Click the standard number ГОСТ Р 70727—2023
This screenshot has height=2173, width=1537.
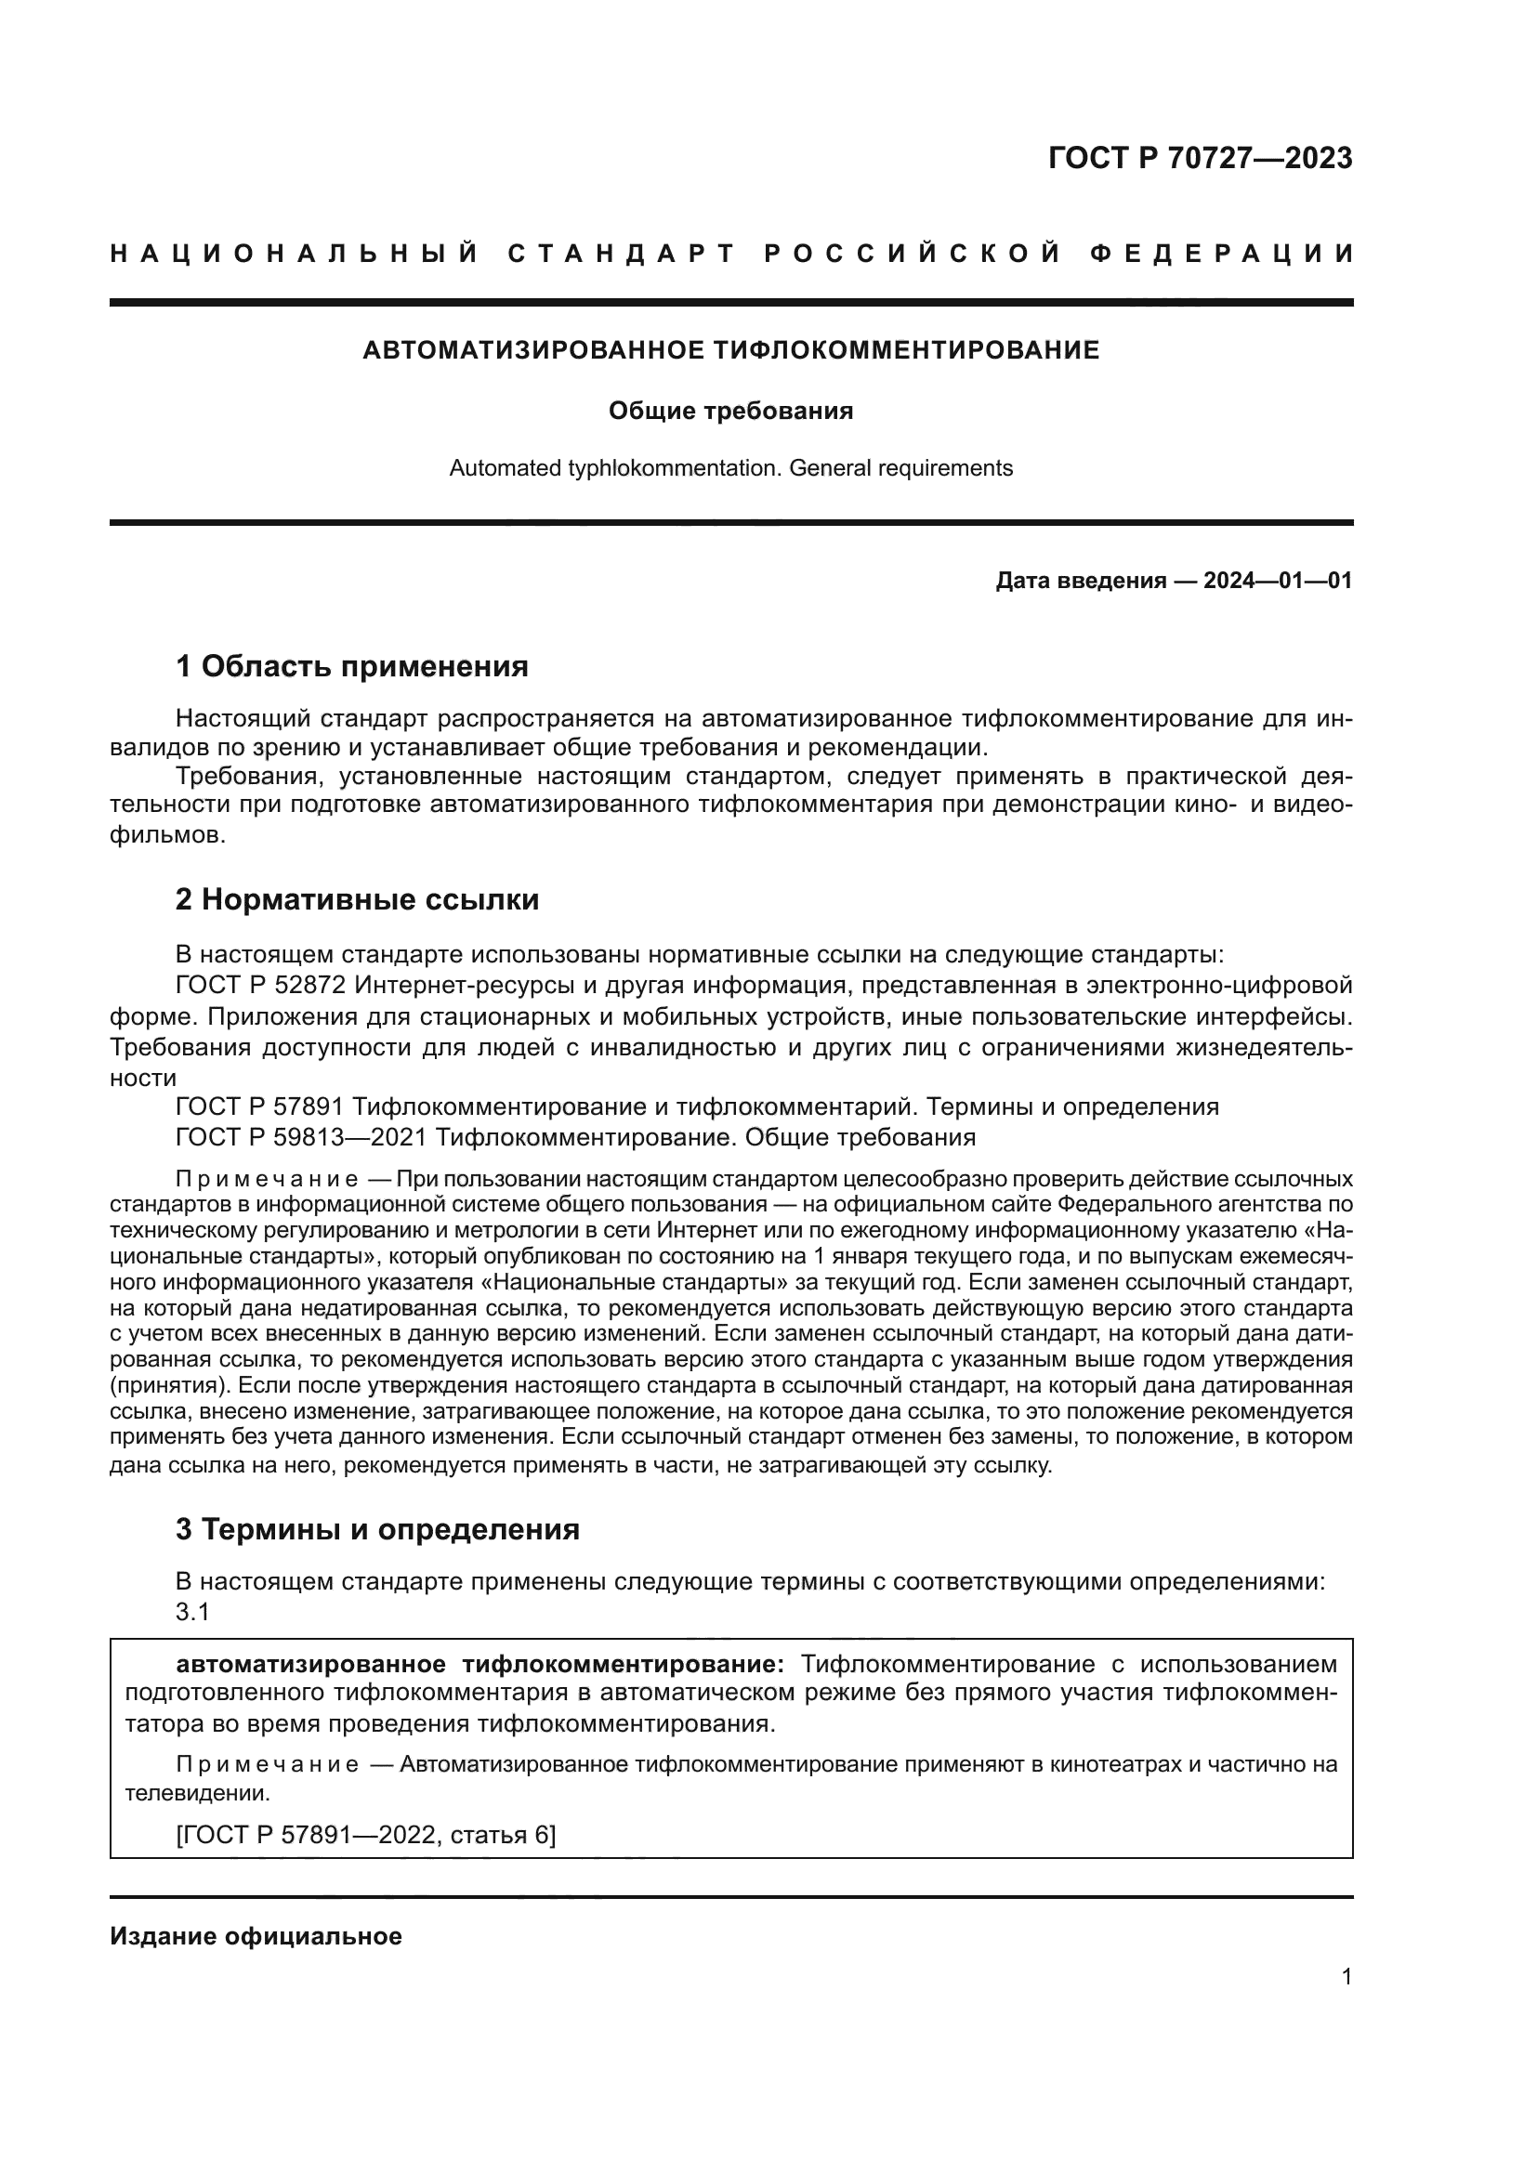tap(1200, 158)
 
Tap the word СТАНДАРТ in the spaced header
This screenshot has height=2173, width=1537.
tap(621, 254)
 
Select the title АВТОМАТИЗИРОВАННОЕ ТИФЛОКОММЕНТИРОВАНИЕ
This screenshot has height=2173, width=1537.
tap(730, 350)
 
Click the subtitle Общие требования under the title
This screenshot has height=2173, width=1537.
tap(730, 411)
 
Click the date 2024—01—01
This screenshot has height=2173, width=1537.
tap(1278, 580)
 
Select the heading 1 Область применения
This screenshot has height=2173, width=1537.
tap(352, 666)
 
